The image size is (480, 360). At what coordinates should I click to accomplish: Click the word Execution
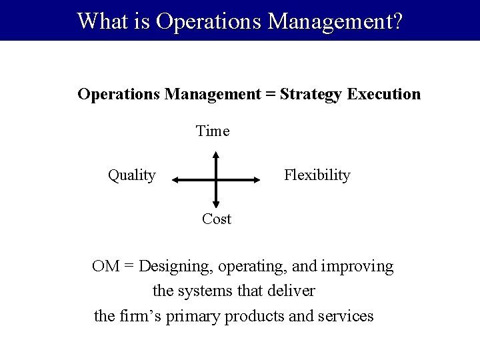tap(384, 94)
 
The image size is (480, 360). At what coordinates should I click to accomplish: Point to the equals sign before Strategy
tap(270, 94)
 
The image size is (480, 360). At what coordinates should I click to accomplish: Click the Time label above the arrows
tap(213, 131)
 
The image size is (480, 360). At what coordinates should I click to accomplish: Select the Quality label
tap(132, 175)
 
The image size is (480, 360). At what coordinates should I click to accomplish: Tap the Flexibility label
tap(317, 175)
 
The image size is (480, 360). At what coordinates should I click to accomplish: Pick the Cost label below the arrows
tap(217, 219)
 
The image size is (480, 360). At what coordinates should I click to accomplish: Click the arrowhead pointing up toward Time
tap(216, 156)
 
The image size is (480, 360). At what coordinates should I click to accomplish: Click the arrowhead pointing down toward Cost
tap(216, 203)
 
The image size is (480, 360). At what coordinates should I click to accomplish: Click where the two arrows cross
tap(216, 179)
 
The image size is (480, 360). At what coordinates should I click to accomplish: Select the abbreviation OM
tap(106, 267)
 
